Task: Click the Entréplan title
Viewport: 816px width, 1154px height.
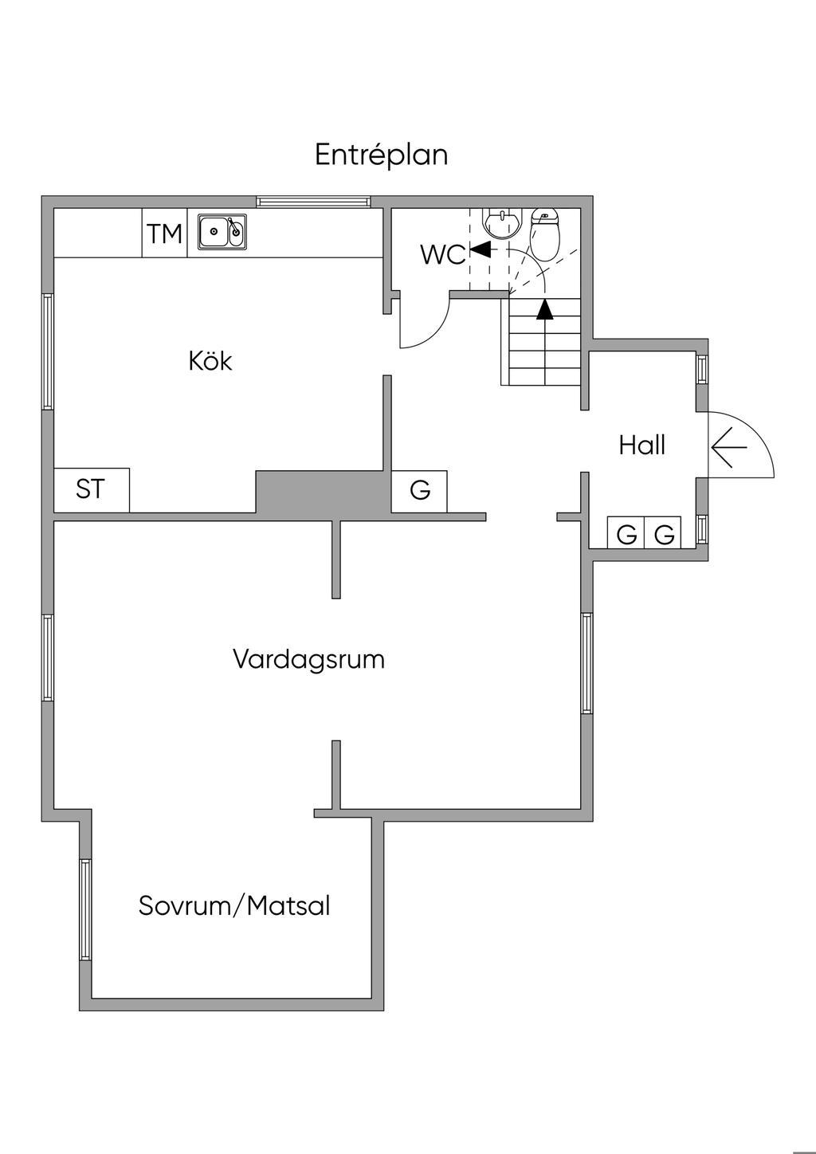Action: point(381,155)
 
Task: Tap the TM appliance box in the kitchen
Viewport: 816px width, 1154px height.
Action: point(164,234)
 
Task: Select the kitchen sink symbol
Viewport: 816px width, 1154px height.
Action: point(222,231)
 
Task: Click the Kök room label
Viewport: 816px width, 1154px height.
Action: point(210,361)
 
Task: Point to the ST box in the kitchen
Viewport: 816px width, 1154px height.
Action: point(91,489)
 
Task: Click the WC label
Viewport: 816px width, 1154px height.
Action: point(442,255)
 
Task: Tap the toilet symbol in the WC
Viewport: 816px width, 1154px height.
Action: point(545,234)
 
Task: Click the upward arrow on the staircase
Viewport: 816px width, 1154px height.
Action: point(544,309)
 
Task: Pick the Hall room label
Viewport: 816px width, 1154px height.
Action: point(641,445)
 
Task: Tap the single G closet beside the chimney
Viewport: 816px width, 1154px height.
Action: point(419,490)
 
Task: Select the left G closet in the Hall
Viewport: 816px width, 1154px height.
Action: point(626,534)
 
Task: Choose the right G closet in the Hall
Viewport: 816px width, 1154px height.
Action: point(664,534)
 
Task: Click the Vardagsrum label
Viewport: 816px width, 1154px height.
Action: point(308,660)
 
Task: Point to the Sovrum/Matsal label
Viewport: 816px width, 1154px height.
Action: point(234,906)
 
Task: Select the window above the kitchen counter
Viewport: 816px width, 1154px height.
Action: point(313,202)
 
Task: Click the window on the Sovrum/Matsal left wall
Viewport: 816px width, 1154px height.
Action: point(84,909)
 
